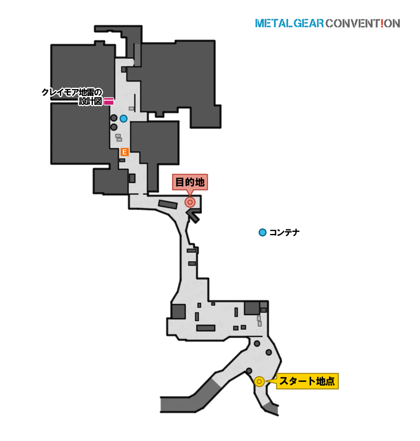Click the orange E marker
(124, 152)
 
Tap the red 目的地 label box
(190, 182)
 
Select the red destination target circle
(190, 202)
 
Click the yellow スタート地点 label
(307, 381)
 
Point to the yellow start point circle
(259, 382)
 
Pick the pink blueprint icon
(109, 101)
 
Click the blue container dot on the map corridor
(123, 119)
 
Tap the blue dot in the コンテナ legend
(262, 233)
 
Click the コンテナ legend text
(284, 233)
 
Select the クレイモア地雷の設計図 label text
(72, 97)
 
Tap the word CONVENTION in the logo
(363, 24)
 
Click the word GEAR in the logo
(309, 24)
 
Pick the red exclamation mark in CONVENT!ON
(382, 24)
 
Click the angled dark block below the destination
(193, 216)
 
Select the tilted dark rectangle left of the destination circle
(168, 204)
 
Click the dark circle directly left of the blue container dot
(114, 118)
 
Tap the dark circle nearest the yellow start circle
(249, 371)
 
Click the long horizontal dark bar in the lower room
(206, 328)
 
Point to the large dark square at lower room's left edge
(178, 312)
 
